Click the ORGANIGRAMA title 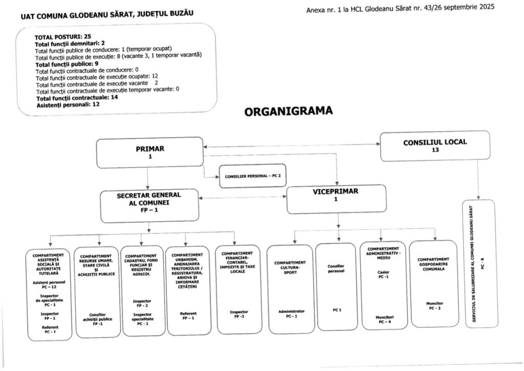pyautogui.click(x=289, y=111)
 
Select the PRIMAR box pyautogui.click(x=149, y=152)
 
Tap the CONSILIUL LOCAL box pyautogui.click(x=434, y=146)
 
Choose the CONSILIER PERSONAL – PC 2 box pyautogui.click(x=253, y=176)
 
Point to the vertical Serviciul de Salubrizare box pyautogui.click(x=478, y=263)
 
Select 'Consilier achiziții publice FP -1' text pyautogui.click(x=97, y=319)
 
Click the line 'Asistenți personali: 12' pyautogui.click(x=68, y=104)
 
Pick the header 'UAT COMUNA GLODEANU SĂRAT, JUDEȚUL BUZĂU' pyautogui.click(x=107, y=15)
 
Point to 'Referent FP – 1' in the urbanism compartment pyautogui.click(x=187, y=316)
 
